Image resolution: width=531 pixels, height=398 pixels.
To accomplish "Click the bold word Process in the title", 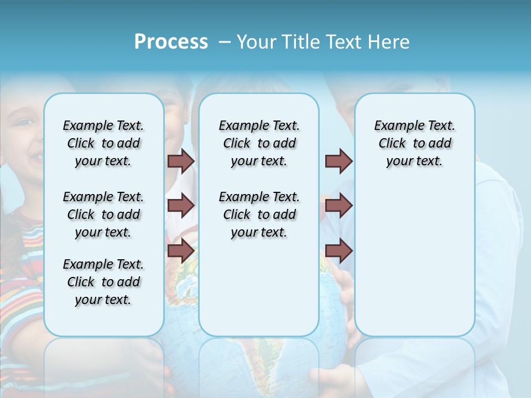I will click(171, 42).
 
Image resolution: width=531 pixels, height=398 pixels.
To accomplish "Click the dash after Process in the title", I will click(225, 43).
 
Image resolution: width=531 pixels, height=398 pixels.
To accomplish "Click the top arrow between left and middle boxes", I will click(181, 161).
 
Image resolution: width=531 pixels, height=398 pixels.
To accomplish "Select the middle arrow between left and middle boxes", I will click(181, 206).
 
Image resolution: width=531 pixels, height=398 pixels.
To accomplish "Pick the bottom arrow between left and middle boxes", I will click(181, 250).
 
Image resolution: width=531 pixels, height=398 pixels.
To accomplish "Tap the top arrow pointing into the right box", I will click(339, 161).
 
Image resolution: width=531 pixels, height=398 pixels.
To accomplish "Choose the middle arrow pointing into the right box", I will click(339, 206).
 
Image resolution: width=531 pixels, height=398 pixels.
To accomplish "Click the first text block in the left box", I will click(103, 143).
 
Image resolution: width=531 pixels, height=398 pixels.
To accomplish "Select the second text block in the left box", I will click(103, 214).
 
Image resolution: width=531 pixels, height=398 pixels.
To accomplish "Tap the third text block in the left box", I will click(103, 282).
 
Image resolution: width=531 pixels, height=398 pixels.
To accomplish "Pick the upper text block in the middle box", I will click(259, 143).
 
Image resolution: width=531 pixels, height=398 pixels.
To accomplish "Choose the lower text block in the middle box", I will click(259, 214).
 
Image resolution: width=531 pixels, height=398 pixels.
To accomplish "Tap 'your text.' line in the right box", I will click(414, 161).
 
